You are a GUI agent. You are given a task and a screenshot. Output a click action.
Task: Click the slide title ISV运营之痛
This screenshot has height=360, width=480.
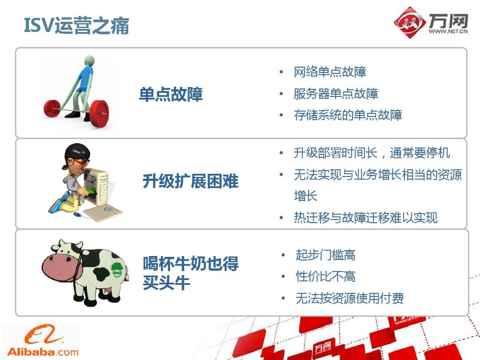pos(76,25)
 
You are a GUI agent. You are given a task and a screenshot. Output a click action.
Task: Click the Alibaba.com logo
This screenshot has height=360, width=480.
pos(43,341)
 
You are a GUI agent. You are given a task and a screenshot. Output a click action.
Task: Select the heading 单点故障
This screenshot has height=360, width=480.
pos(171,94)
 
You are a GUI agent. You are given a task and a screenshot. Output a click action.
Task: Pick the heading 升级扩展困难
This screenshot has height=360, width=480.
pos(190,181)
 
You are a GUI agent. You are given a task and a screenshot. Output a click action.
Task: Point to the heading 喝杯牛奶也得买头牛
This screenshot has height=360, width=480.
pos(190,273)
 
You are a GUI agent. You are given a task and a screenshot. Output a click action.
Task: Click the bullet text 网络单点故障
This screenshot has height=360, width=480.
pos(330,72)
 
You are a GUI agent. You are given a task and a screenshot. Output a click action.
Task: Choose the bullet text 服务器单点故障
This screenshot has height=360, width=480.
pos(336,94)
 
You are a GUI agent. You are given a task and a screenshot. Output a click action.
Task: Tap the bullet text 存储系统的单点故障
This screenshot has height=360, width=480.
pos(348,115)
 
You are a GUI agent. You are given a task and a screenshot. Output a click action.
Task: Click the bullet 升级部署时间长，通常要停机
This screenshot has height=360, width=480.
pos(372,153)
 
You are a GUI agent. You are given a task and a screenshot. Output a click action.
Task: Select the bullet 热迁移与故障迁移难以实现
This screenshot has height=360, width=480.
pos(365,218)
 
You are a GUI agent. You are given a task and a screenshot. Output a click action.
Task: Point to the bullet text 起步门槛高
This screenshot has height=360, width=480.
pos(325,255)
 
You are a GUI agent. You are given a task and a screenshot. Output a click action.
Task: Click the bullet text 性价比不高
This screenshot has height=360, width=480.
pos(325,276)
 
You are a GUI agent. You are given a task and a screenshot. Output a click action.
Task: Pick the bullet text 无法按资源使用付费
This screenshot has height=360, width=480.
pos(350,298)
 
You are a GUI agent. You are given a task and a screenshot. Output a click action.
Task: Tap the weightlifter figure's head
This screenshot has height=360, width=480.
pos(89,60)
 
